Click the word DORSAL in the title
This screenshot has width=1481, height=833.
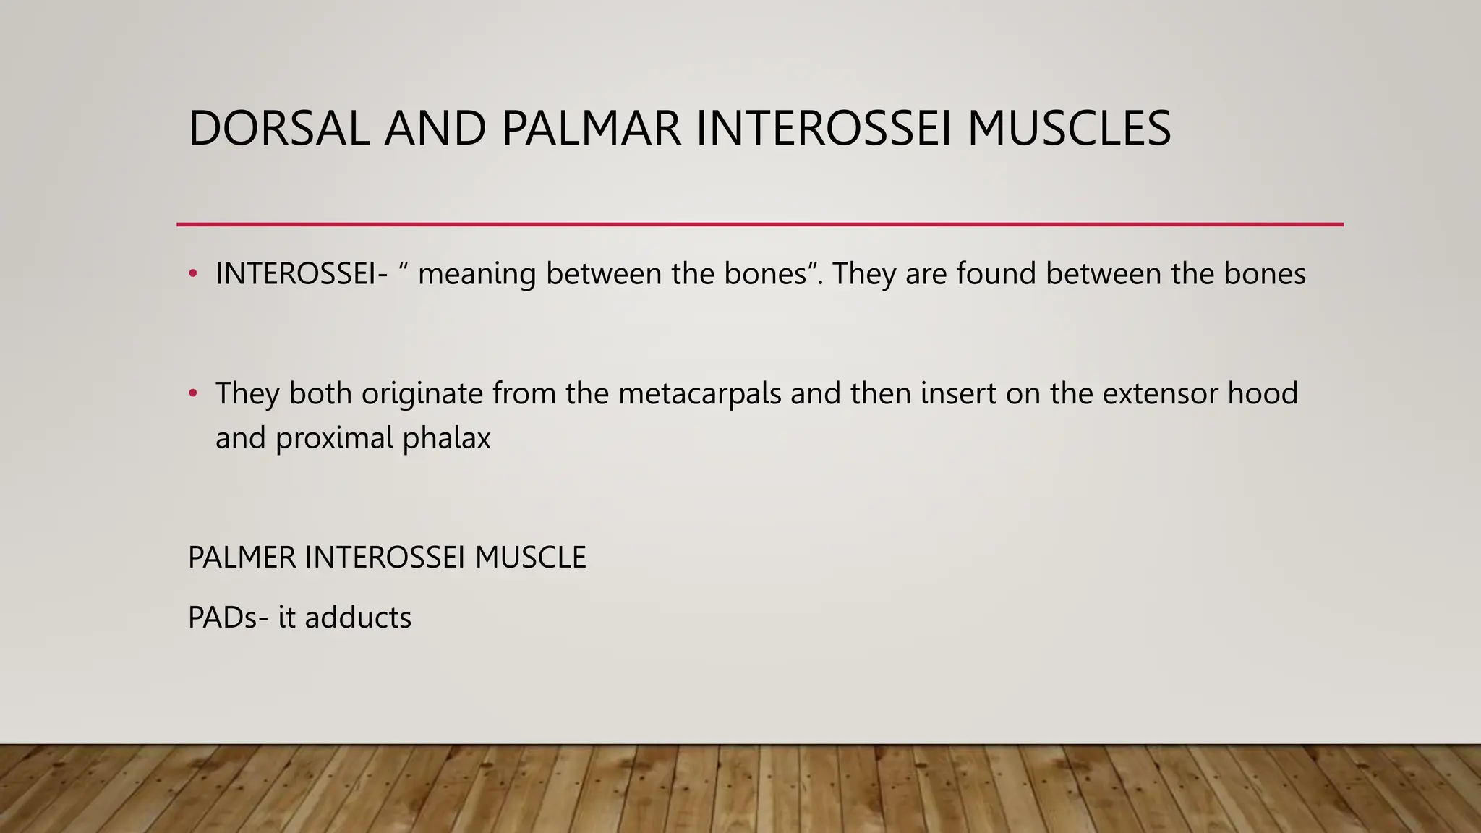[278, 129]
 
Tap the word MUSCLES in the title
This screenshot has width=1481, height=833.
[1068, 129]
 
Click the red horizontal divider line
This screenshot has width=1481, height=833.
[759, 224]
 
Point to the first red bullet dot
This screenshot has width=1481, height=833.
[192, 274]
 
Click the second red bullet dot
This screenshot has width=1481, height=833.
[192, 393]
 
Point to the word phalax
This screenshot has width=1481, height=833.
[446, 438]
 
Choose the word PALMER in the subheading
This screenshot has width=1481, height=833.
[242, 558]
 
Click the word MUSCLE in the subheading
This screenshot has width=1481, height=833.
[530, 558]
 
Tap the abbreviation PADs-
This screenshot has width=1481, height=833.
[228, 618]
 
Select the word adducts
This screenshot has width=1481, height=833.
[357, 618]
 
